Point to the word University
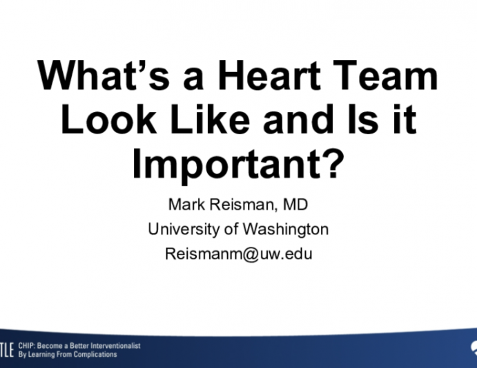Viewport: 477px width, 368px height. pos(184,230)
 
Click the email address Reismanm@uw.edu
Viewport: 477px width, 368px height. pos(238,253)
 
